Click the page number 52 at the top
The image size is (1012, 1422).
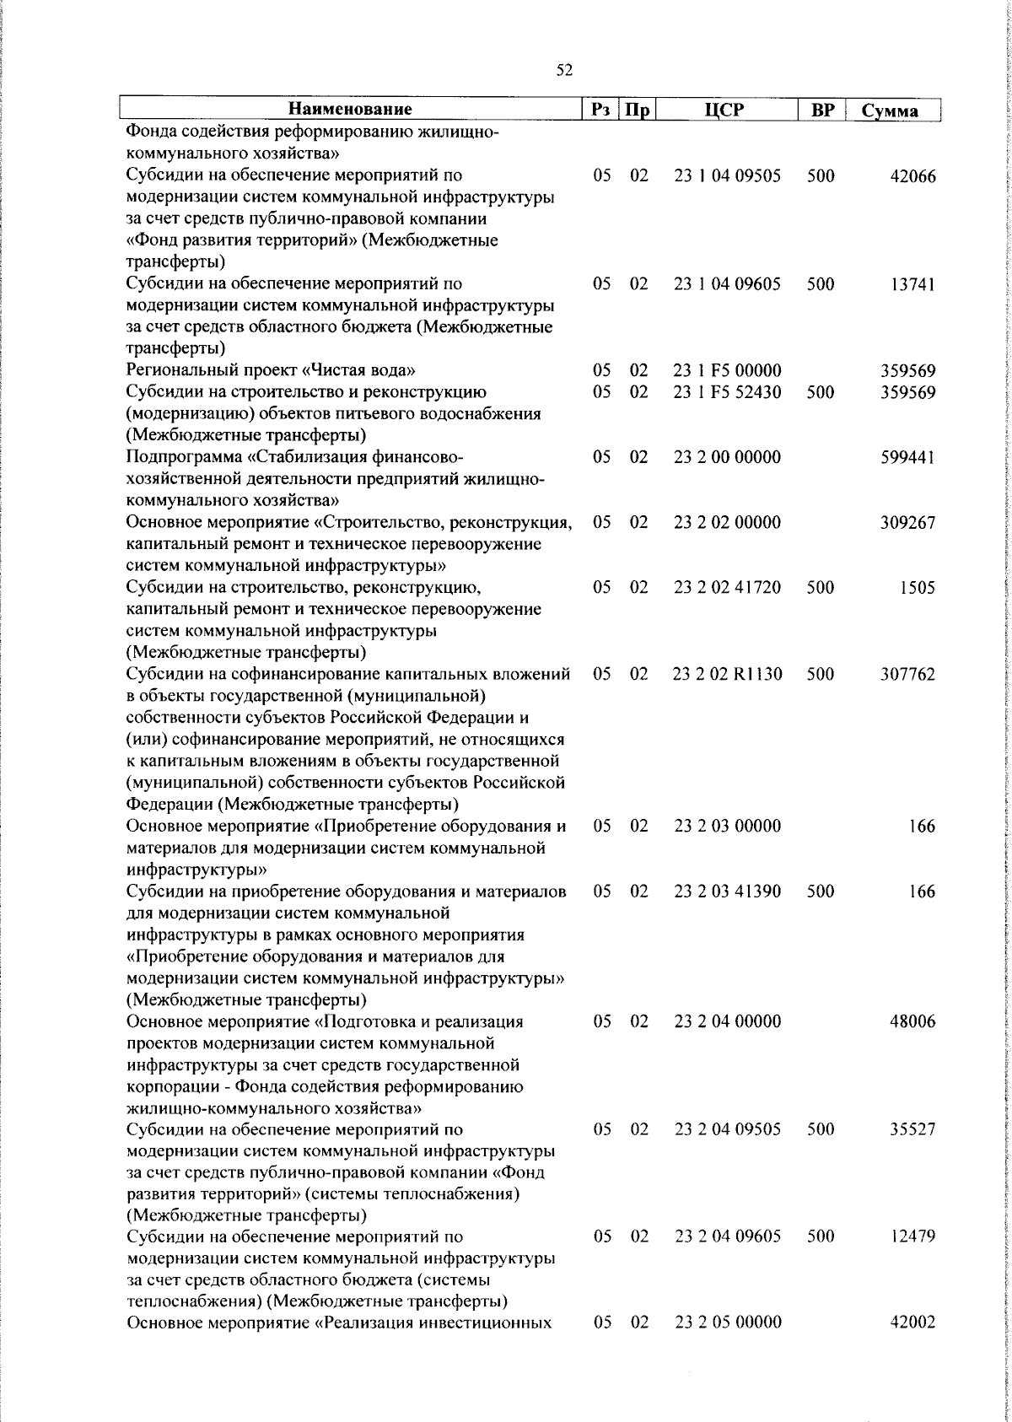[x=564, y=70]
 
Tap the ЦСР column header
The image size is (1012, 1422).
[x=727, y=110]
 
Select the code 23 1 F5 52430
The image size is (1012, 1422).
[x=728, y=393]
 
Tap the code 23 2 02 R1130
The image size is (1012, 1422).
[x=728, y=675]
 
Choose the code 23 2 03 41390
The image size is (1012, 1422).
[x=728, y=891]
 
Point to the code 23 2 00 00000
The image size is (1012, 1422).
[x=728, y=458]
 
